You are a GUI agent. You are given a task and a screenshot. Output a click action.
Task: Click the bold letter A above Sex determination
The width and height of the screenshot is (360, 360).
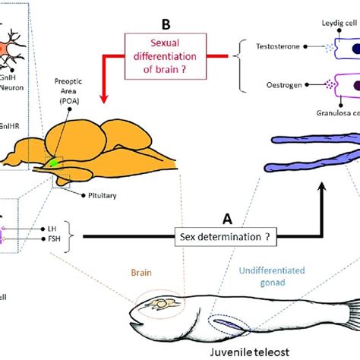(x=226, y=218)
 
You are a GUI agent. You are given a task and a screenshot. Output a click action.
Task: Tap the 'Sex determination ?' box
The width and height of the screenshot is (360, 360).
(x=226, y=235)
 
